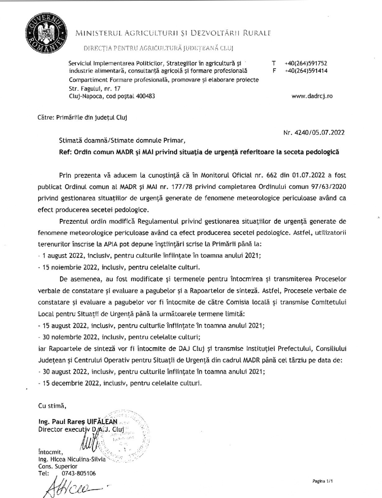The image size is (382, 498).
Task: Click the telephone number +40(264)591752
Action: [305, 63]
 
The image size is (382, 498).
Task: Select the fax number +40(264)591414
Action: [305, 71]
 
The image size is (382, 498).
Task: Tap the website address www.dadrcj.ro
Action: [312, 96]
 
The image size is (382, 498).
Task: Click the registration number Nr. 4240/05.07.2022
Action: [314, 132]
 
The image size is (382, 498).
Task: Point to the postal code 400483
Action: [145, 96]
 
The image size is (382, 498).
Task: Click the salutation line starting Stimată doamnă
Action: [122, 140]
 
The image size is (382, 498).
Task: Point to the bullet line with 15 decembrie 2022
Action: [120, 383]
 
